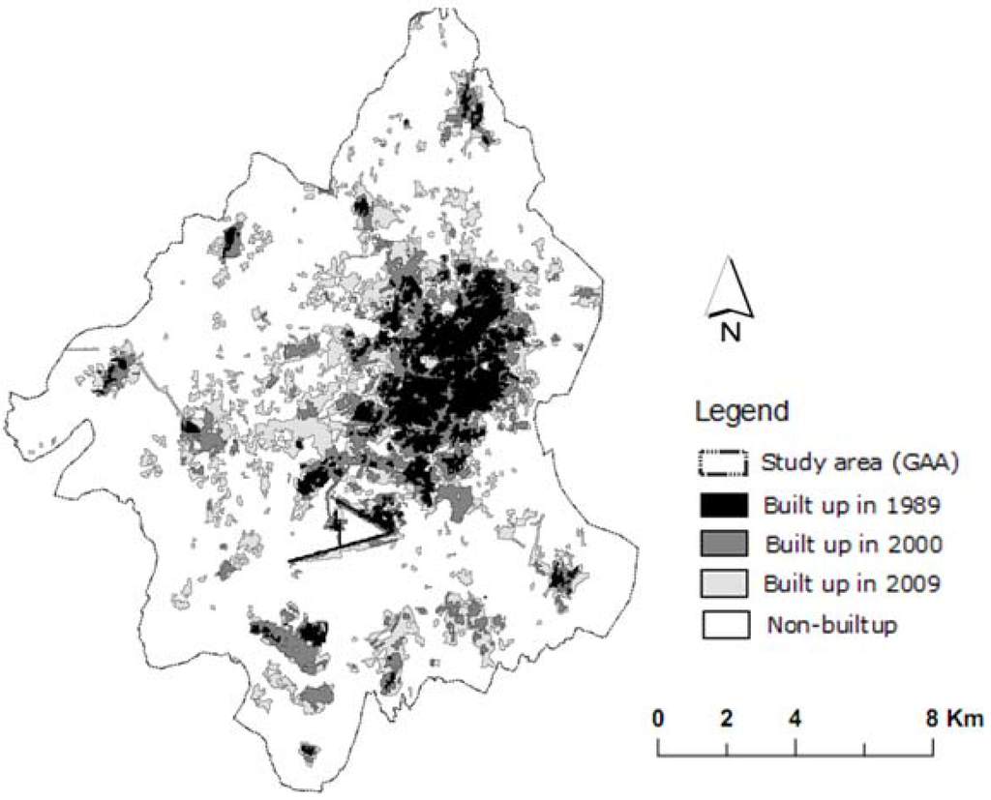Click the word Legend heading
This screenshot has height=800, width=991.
tap(742, 412)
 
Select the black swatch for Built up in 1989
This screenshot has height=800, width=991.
tap(721, 504)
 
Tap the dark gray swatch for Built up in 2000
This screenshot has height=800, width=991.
tap(721, 544)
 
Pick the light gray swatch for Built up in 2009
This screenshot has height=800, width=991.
tap(721, 583)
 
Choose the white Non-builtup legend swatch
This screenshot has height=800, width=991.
tap(721, 624)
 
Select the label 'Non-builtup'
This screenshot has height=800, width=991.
tap(833, 625)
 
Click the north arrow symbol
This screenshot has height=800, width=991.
tap(730, 288)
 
